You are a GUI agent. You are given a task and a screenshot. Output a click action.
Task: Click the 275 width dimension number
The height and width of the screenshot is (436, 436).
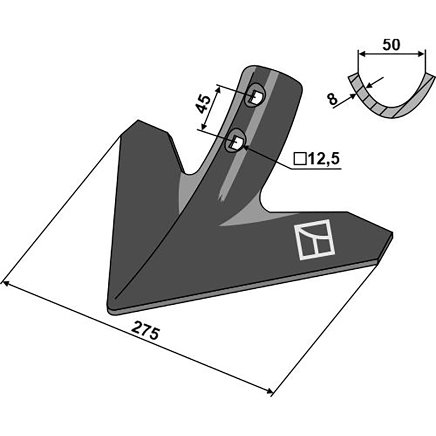tap(146, 330)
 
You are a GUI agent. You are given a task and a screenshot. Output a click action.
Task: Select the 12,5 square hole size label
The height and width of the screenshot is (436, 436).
tap(323, 159)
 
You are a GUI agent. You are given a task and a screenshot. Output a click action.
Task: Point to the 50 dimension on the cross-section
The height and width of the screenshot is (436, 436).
tap(391, 45)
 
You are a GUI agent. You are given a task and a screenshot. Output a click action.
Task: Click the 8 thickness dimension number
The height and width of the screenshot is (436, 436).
tap(332, 99)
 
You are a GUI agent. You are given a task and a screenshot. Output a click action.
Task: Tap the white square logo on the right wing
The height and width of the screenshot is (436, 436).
tap(314, 240)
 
